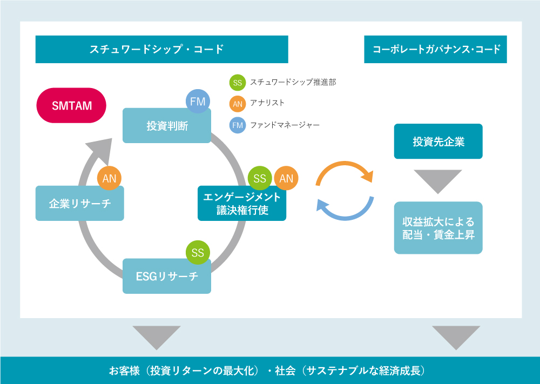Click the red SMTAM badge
click(71, 105)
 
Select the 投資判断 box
click(167, 126)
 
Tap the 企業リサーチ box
click(79, 203)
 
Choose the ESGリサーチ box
click(167, 276)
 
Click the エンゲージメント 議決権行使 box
click(242, 203)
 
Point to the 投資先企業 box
click(438, 141)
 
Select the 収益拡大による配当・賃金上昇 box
click(438, 228)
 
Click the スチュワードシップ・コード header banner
click(162, 49)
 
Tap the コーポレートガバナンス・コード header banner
click(435, 49)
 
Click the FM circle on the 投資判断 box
click(198, 101)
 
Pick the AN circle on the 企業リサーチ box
click(109, 178)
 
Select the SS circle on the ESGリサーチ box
click(198, 252)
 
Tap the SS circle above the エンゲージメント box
click(260, 178)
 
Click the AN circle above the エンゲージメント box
click(286, 178)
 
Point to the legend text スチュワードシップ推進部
click(293, 82)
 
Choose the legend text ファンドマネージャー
click(285, 125)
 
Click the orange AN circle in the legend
click(237, 104)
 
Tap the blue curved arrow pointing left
click(345, 217)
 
